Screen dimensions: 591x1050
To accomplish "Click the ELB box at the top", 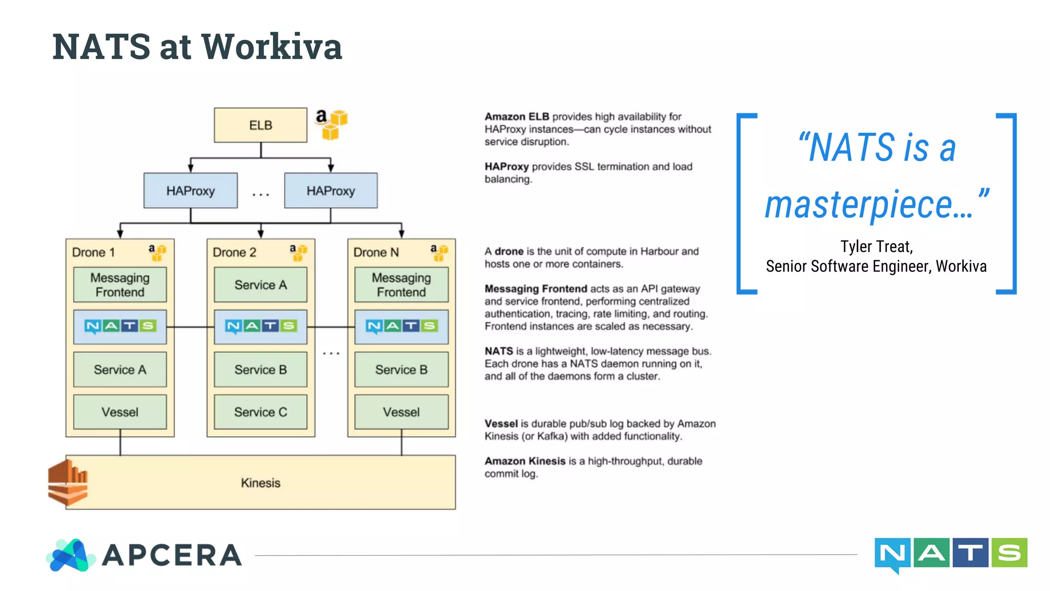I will click(260, 125).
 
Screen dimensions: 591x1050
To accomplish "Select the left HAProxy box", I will click(190, 191).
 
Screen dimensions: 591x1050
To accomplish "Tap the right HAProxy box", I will click(331, 191).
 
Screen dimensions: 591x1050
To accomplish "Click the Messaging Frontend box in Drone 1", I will click(120, 285).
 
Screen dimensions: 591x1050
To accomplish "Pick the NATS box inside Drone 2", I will click(260, 326).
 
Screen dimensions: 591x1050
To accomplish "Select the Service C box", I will click(260, 412).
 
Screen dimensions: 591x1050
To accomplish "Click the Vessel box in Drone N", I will click(401, 412).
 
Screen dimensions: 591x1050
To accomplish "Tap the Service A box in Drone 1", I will click(120, 369).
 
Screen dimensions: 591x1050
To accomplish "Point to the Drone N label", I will click(376, 252).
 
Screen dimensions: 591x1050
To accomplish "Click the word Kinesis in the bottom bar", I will click(260, 483).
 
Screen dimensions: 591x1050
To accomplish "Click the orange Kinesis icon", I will click(68, 483).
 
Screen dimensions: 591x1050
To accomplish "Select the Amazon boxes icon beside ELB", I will click(332, 124).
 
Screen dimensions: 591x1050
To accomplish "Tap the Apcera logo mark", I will click(71, 555).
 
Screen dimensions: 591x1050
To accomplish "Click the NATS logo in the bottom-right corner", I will click(951, 554).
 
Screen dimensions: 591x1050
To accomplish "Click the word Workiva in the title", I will click(272, 47).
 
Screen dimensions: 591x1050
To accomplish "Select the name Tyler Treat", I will click(876, 247).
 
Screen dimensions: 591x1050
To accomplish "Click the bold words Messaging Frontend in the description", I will click(536, 289).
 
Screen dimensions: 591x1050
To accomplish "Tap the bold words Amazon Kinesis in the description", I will click(524, 461).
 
